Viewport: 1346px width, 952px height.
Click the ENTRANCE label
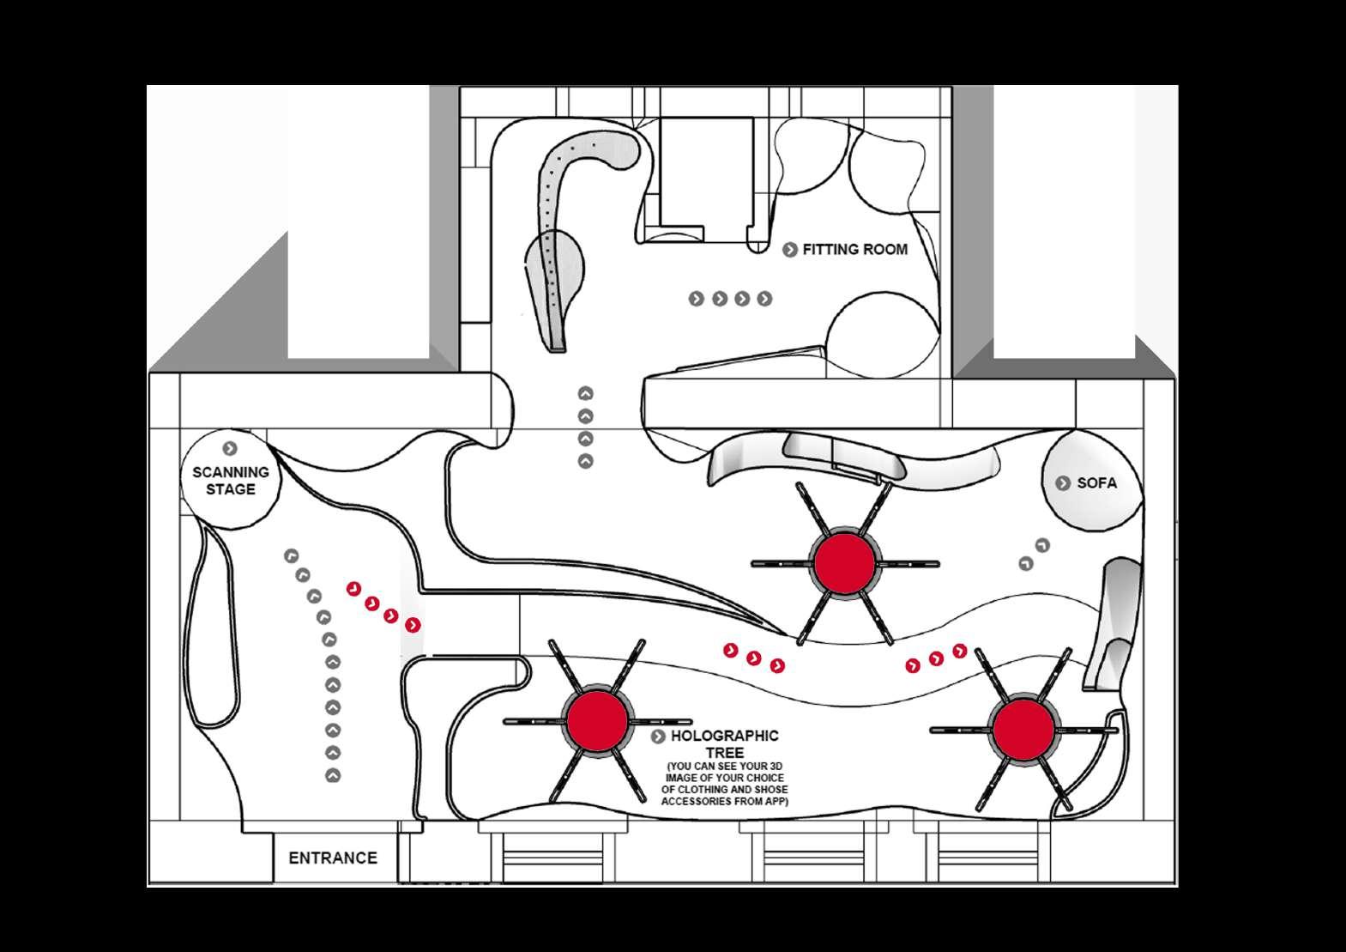[x=333, y=858]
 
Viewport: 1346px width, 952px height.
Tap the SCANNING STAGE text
[x=230, y=481]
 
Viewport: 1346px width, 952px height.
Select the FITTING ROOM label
[x=854, y=250]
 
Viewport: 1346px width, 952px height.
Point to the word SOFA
[x=1096, y=483]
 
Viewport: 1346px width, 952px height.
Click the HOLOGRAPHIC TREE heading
[x=724, y=744]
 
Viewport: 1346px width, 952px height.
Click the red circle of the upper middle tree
[x=844, y=562]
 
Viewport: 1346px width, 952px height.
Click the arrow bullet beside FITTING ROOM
[x=790, y=250]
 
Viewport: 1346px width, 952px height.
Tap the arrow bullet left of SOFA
[x=1062, y=483]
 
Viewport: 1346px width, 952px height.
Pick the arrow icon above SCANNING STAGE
[x=229, y=448]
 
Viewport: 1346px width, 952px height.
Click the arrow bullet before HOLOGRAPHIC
[x=658, y=737]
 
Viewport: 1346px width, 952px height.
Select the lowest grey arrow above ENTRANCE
[x=333, y=776]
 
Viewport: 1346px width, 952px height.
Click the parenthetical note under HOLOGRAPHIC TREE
[x=724, y=784]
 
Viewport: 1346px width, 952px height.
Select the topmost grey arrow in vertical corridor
[x=586, y=394]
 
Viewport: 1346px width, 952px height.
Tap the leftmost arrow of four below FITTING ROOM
[x=697, y=299]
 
